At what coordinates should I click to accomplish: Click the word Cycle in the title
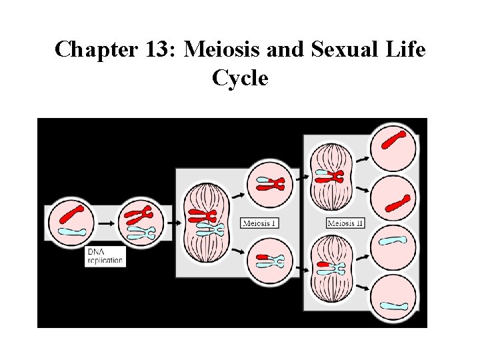tap(240, 78)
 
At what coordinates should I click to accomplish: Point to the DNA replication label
tap(105, 257)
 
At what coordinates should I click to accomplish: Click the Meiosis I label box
tap(259, 223)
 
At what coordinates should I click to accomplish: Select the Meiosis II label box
tap(345, 223)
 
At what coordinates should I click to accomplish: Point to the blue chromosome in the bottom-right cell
tap(394, 306)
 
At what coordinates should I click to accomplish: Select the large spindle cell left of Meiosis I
tap(206, 223)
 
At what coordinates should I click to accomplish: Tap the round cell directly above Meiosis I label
tap(269, 183)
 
